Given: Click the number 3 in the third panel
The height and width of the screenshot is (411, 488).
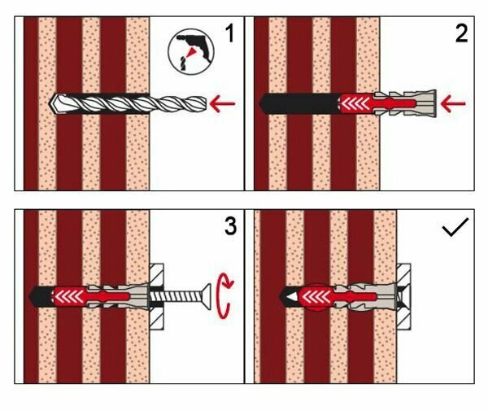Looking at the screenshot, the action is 230,225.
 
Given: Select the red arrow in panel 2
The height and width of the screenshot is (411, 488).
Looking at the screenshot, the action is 455,103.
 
